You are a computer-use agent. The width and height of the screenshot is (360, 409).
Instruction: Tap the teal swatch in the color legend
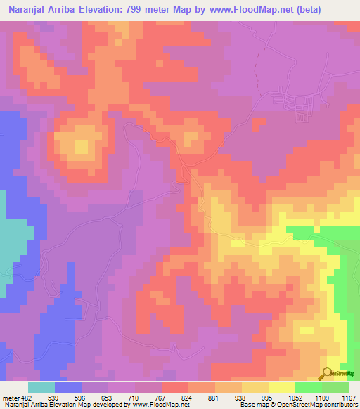[x=41, y=387]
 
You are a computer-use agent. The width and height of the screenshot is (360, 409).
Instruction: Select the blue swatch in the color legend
[x=68, y=387]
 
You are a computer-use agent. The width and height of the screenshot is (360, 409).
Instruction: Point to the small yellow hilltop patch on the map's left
[x=82, y=147]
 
